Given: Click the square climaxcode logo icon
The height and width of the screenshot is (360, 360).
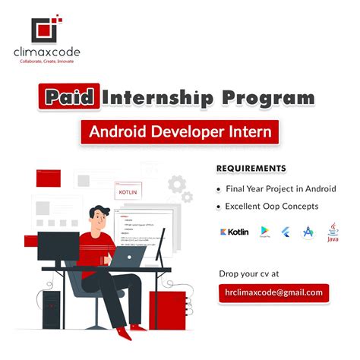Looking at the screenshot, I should click(45, 27).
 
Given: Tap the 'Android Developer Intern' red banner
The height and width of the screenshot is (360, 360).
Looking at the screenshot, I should click(179, 131).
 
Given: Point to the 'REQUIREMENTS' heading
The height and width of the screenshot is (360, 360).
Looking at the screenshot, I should click(251, 168).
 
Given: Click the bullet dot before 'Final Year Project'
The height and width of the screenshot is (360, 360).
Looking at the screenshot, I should click(219, 189).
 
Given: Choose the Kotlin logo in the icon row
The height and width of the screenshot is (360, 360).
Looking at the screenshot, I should click(234, 232).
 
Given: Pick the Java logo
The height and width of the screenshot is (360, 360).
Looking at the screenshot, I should click(333, 232).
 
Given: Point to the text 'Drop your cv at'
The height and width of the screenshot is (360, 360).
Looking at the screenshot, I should click(248, 273).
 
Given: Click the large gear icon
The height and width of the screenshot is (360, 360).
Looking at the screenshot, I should click(177, 183).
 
